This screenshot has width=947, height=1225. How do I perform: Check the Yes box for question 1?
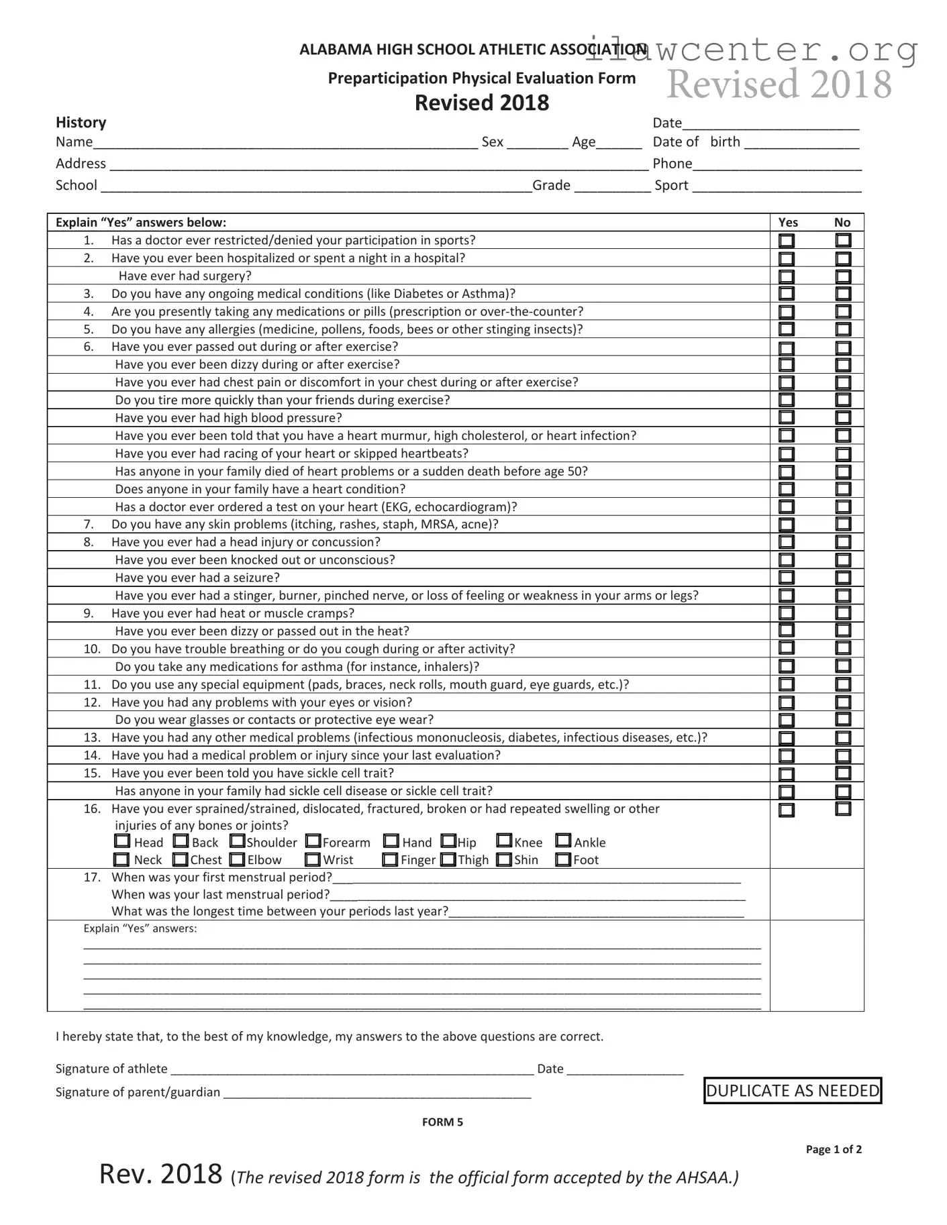[786, 240]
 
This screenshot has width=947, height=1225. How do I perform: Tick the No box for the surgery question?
[843, 276]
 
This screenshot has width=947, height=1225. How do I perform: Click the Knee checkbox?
[504, 841]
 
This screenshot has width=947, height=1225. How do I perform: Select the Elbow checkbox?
[238, 859]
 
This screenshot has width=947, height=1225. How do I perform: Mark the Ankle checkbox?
[563, 841]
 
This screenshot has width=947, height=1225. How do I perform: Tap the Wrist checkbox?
[313, 859]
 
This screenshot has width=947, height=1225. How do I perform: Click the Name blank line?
[285, 143]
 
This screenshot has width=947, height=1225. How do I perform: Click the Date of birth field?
[801, 143]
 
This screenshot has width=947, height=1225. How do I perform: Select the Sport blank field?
[777, 187]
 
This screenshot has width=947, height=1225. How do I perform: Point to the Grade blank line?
[612, 187]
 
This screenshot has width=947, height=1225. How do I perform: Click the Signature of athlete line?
[352, 1069]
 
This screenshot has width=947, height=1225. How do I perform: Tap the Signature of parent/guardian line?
[377, 1093]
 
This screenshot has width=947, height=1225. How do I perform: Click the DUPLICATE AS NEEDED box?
[793, 1091]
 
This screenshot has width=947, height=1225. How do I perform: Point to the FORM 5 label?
[442, 1122]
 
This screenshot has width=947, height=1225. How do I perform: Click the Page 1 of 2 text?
[834, 1149]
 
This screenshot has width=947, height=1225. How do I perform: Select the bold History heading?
[81, 122]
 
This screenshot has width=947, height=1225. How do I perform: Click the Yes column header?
[788, 222]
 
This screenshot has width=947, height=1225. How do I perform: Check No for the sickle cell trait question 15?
[843, 774]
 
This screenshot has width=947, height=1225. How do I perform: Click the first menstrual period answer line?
[537, 878]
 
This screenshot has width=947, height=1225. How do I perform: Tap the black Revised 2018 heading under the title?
[482, 103]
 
